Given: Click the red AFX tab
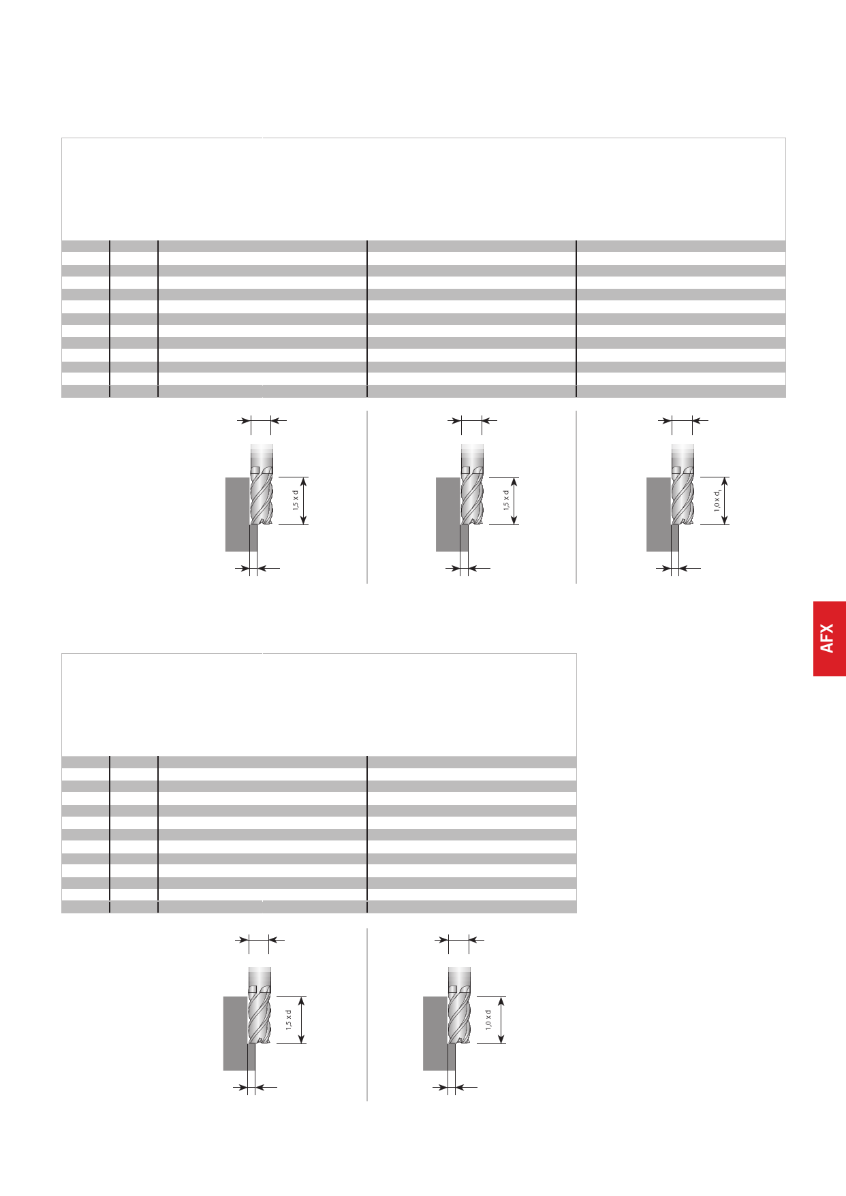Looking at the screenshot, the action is coord(829,638).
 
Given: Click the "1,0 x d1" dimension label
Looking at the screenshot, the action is coord(717,501).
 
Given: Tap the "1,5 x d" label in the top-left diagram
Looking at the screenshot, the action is coord(296,501).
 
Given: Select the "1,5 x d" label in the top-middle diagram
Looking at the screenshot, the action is coord(506,501).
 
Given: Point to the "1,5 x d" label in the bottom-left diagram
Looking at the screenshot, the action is coord(288,1020).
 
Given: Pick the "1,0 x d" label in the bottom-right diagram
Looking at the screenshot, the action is coord(488,1020).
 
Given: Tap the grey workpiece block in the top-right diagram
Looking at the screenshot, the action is coord(662,514).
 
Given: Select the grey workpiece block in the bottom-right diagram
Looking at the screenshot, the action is coord(439,1033).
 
